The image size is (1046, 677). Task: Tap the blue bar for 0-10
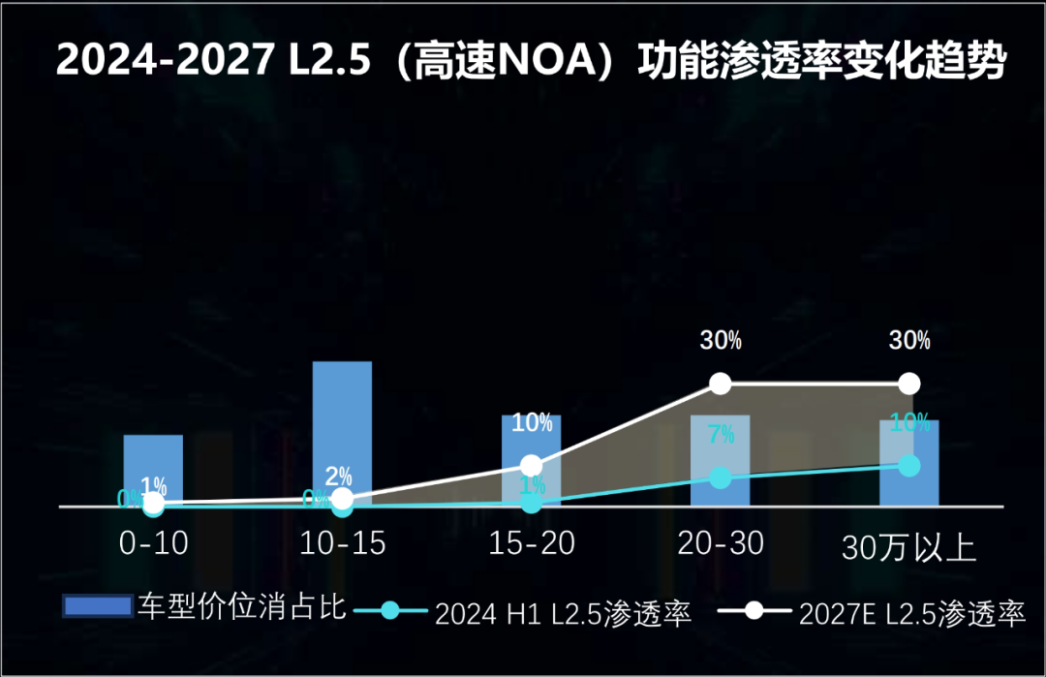[x=153, y=469]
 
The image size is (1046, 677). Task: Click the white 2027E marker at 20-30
[x=720, y=384]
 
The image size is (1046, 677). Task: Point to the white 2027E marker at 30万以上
[x=908, y=384]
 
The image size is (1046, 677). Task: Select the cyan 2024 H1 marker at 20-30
[x=720, y=477]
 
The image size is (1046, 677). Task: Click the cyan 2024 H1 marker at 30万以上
[x=908, y=466]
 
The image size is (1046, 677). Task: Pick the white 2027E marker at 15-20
[x=531, y=465]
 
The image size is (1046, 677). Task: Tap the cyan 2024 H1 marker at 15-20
[x=531, y=503]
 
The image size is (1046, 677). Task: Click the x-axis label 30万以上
[x=908, y=549]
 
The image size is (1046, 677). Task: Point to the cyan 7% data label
[x=721, y=435]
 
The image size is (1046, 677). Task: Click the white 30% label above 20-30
[x=721, y=340]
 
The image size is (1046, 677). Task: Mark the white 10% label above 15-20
[x=532, y=422]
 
